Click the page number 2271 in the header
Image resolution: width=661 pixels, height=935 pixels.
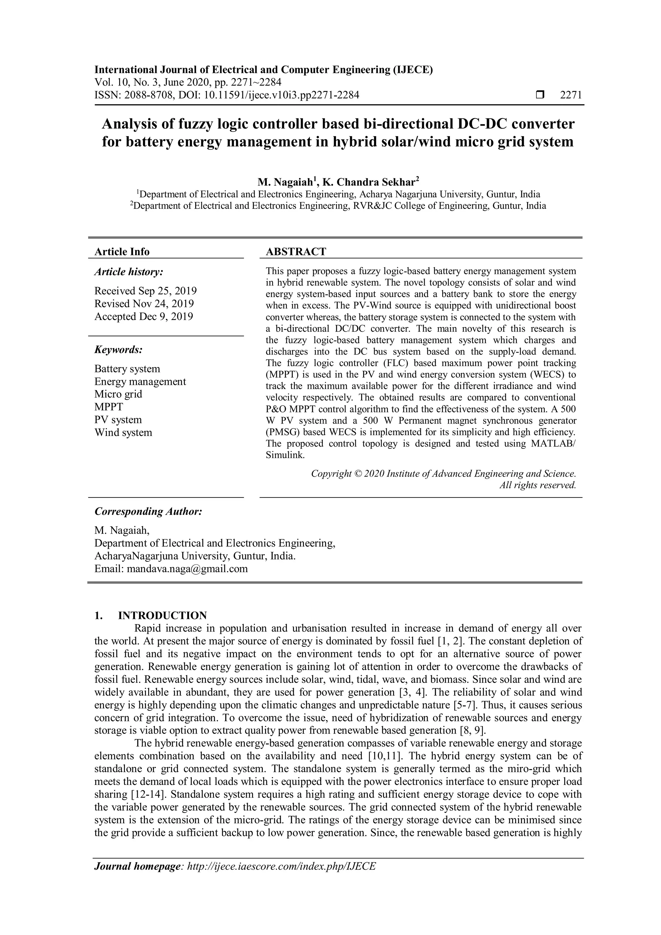point(571,95)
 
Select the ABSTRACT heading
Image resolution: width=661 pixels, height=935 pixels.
point(296,252)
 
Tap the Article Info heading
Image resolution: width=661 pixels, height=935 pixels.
point(122,252)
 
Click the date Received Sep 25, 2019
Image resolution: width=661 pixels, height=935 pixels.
point(145,291)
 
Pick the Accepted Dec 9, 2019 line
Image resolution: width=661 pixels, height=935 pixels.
point(144,316)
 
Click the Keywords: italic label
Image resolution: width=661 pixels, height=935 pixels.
point(118,349)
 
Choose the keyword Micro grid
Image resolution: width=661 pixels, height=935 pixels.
point(118,394)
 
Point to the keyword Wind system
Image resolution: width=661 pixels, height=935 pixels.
point(123,433)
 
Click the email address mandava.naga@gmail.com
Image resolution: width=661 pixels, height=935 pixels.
point(187,569)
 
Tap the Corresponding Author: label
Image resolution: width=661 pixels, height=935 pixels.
point(148,511)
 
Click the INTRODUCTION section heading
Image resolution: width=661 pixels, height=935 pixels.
point(162,615)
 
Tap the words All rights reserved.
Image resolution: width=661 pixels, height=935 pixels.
point(538,485)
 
